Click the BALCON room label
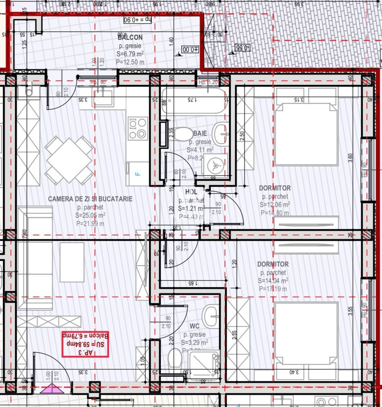pyautogui.click(x=130, y=37)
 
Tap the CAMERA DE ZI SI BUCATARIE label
pyautogui.click(x=90, y=199)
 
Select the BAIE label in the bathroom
pyautogui.click(x=200, y=133)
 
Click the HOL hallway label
pyautogui.click(x=191, y=192)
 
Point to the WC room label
pyautogui.click(x=194, y=326)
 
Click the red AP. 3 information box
pyautogui.click(x=85, y=344)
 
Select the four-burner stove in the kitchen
pyautogui.click(x=137, y=128)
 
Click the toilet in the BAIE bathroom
pyautogui.click(x=183, y=135)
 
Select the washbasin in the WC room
pyautogui.click(x=210, y=313)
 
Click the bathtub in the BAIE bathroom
pyautogui.click(x=194, y=101)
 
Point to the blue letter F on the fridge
pyautogui.click(x=137, y=174)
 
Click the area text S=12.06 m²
pyautogui.click(x=274, y=205)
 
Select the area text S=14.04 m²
pyautogui.click(x=273, y=281)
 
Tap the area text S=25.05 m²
pyautogui.click(x=90, y=215)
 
